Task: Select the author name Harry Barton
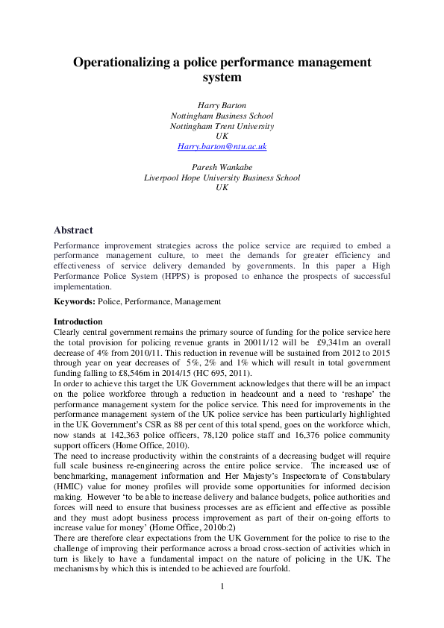point(222,106)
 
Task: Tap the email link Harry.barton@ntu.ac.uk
point(222,147)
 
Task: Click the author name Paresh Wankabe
point(222,168)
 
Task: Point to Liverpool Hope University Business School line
point(222,178)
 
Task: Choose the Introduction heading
point(78,321)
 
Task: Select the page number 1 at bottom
point(222,586)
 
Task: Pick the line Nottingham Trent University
point(222,126)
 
